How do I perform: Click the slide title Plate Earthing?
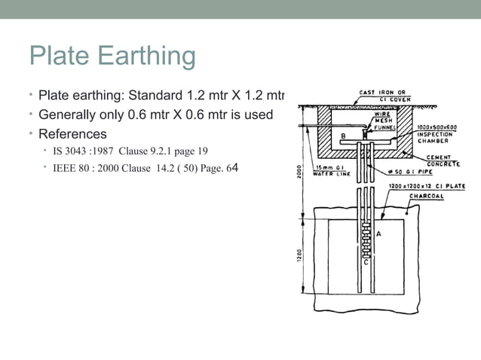112,56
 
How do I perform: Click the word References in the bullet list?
72,134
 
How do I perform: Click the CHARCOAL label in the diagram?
427,197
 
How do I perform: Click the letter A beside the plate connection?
378,234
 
